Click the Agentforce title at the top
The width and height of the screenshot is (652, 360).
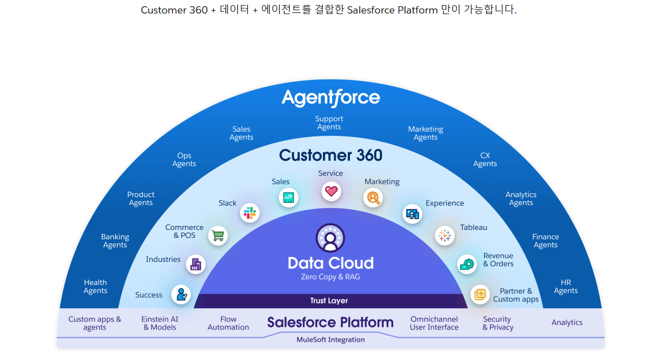tap(331, 98)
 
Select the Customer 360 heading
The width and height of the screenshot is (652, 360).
tap(331, 155)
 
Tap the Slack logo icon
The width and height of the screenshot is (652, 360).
tap(249, 213)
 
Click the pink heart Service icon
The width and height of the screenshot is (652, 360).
tap(331, 191)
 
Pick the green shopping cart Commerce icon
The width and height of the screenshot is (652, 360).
tap(218, 235)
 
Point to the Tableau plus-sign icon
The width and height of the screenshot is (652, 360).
tap(445, 235)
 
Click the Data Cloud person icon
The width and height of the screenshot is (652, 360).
tap(330, 237)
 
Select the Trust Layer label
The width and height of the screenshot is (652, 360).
tap(329, 301)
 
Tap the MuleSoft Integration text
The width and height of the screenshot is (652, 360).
tap(331, 340)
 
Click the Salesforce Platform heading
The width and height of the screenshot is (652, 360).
tap(330, 322)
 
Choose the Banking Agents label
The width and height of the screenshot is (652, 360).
tap(115, 241)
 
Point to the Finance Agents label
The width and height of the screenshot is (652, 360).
tap(545, 241)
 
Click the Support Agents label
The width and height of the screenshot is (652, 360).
tap(329, 123)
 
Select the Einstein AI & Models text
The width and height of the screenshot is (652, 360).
tap(159, 323)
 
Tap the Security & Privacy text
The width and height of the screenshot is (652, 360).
tap(498, 323)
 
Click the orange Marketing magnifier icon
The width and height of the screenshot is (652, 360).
tap(373, 198)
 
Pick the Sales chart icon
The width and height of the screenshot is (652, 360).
tap(289, 198)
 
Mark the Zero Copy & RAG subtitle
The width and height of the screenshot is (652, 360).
tap(330, 277)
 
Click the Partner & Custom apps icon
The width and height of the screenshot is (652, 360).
tap(480, 294)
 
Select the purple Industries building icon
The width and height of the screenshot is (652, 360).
tap(196, 264)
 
